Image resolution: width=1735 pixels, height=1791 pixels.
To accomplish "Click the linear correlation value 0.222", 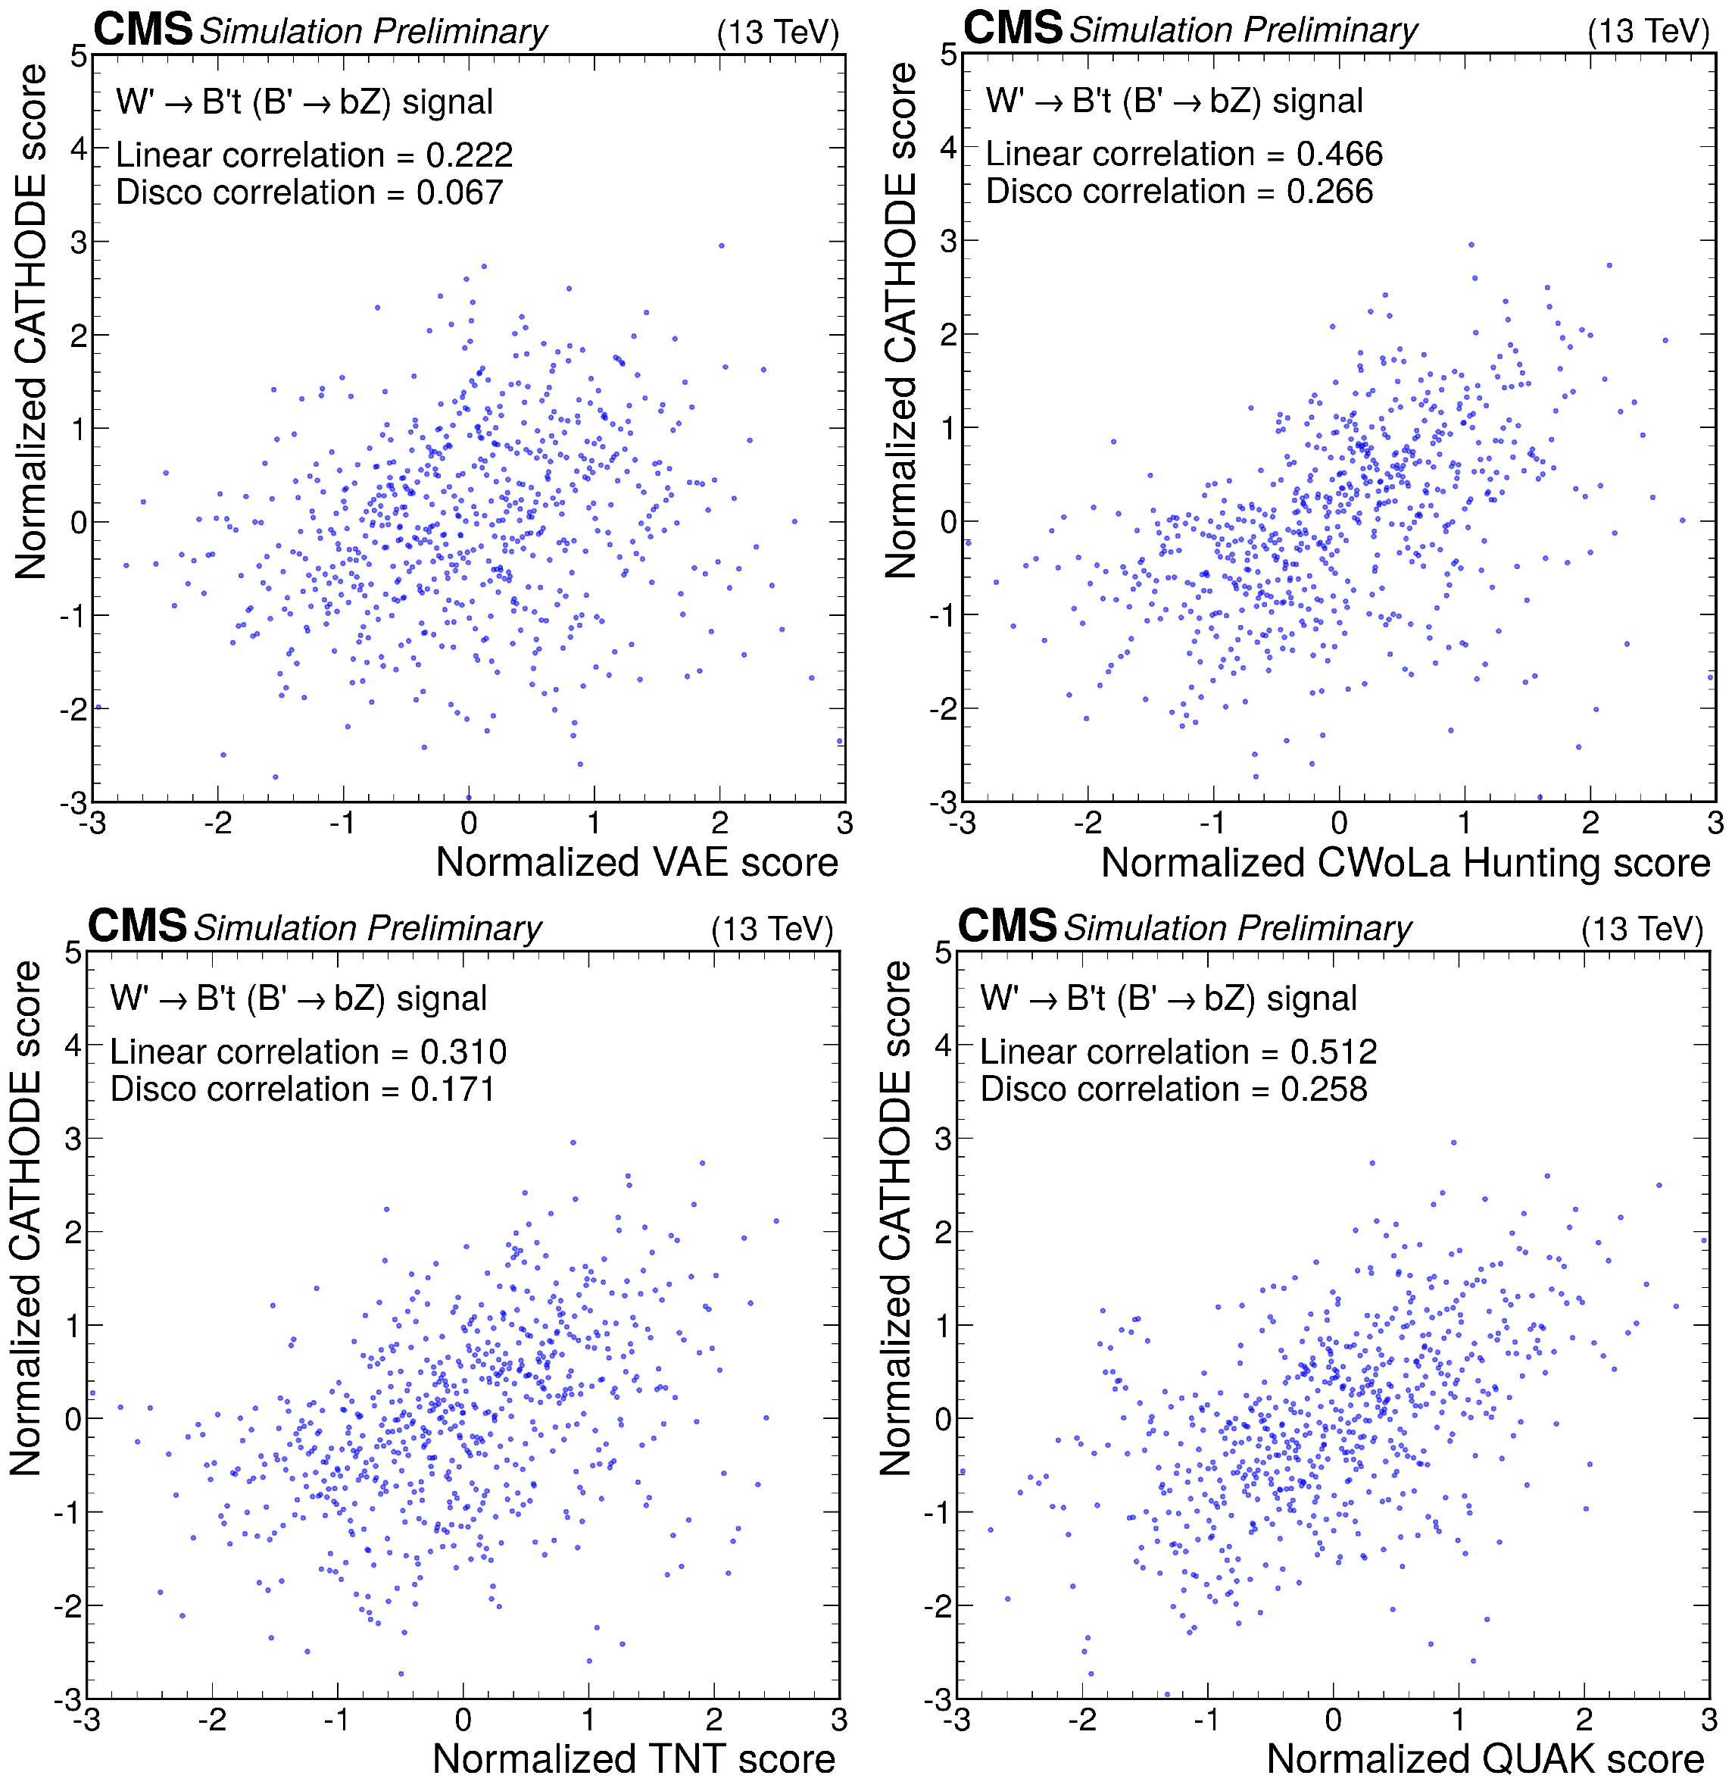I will (469, 155).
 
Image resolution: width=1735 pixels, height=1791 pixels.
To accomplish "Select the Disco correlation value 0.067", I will (460, 192).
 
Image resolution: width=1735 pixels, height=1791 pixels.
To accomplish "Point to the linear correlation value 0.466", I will (1340, 155).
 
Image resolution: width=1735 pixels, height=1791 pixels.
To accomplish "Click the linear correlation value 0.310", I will (463, 1052).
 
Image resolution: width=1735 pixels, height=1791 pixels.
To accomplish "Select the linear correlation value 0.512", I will (1333, 1052).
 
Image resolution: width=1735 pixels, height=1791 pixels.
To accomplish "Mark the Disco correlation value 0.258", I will (1324, 1089).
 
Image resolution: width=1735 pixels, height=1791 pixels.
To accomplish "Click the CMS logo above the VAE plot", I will (142, 30).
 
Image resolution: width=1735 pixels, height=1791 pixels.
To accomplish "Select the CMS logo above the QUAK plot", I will (1006, 927).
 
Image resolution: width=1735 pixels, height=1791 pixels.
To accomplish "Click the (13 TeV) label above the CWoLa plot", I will (1648, 31).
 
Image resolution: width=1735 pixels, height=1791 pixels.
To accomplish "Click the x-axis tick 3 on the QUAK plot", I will (1708, 1720).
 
